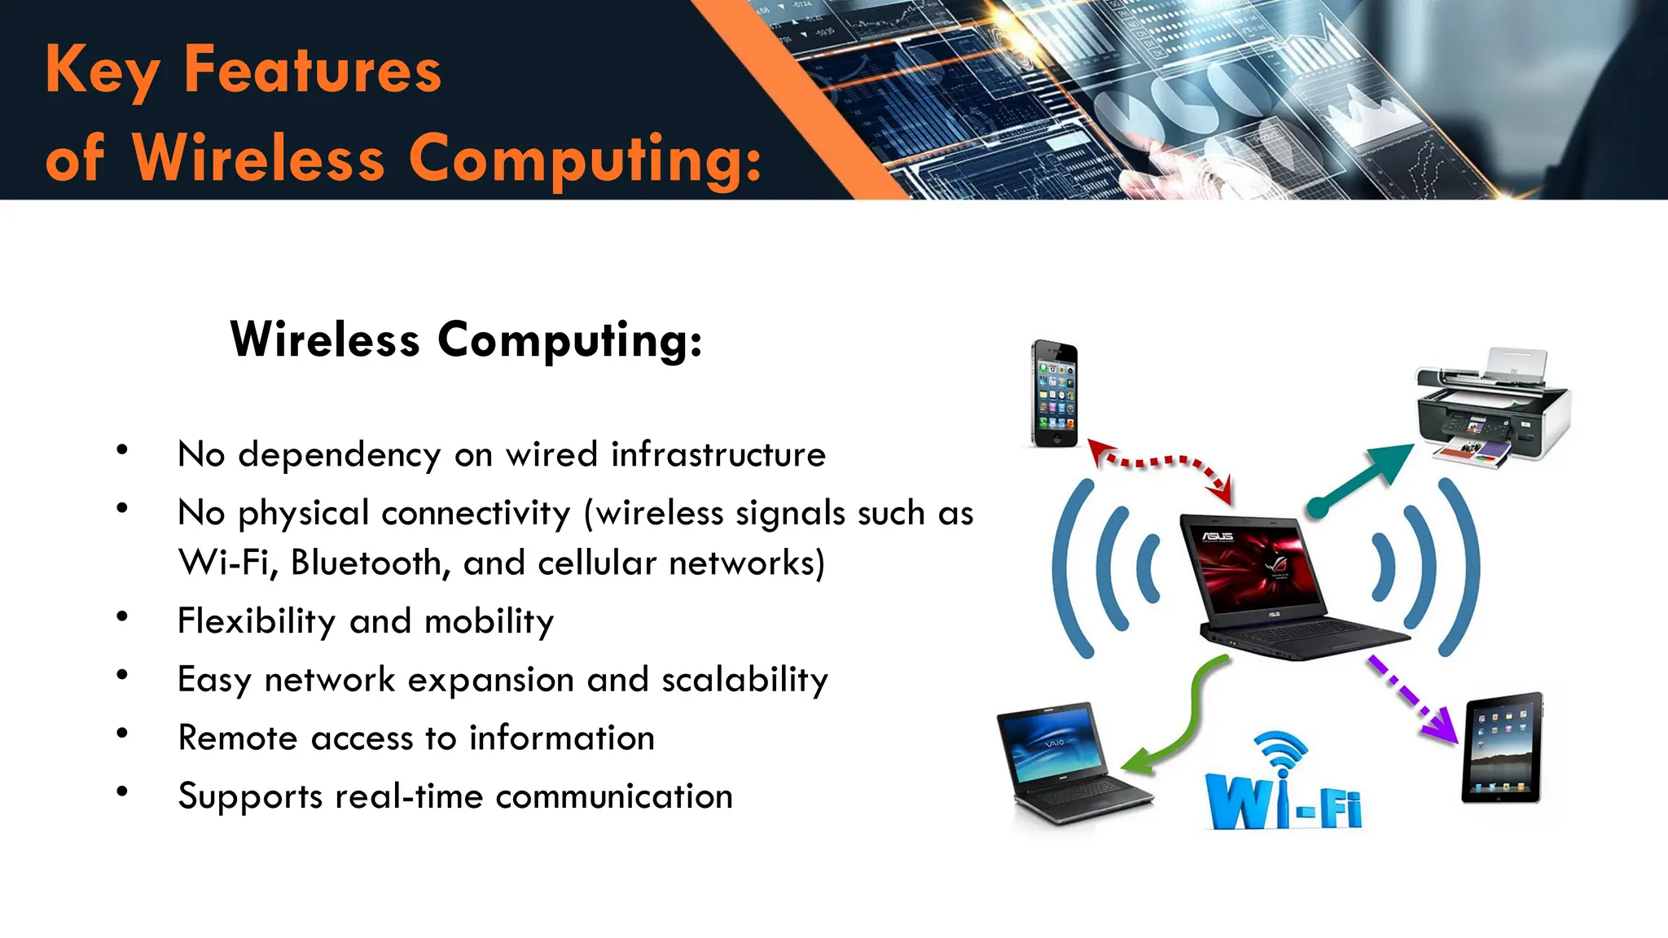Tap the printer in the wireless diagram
1495,407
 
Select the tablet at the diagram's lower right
1503,747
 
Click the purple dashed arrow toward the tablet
1413,699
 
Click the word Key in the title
102,72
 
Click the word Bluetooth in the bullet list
367,563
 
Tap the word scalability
744,680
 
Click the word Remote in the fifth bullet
238,738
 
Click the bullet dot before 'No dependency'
122,450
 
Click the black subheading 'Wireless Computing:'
466,340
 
